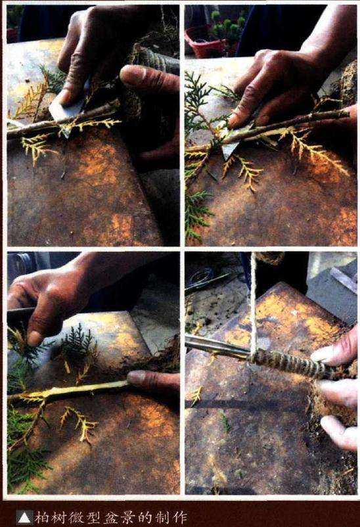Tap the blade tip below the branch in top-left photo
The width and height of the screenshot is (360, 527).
(x=67, y=135)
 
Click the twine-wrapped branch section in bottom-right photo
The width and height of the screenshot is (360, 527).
(x=289, y=364)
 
